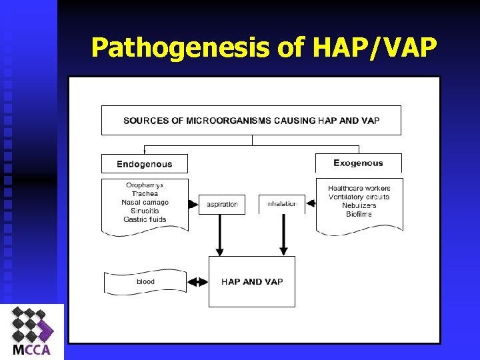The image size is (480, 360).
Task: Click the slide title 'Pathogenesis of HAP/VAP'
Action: click(x=264, y=47)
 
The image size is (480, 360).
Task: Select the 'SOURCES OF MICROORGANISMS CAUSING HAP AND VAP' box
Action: click(x=251, y=121)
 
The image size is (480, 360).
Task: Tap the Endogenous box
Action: click(x=145, y=164)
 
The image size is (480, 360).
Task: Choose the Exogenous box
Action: click(x=358, y=163)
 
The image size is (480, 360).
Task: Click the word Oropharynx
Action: click(x=145, y=185)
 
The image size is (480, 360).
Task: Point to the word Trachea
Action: click(x=145, y=193)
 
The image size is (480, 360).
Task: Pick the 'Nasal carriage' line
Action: click(x=145, y=202)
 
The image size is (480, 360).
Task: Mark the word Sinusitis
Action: click(x=145, y=211)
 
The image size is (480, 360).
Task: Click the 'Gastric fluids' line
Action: click(x=145, y=219)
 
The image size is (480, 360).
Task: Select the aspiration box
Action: click(x=222, y=204)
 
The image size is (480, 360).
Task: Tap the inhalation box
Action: click(x=281, y=204)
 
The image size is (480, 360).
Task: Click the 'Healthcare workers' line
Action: click(x=359, y=189)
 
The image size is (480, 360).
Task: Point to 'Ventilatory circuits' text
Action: click(x=359, y=197)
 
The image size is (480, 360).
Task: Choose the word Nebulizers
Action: click(x=359, y=205)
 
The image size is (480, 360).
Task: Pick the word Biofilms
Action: click(x=359, y=214)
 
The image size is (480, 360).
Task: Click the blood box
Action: click(x=145, y=282)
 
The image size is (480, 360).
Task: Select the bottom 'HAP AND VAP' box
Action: click(x=252, y=282)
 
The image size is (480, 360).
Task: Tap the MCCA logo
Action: click(x=32, y=332)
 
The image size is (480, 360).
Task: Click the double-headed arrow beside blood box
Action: click(x=198, y=282)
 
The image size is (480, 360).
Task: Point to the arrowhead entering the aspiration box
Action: click(x=193, y=204)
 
